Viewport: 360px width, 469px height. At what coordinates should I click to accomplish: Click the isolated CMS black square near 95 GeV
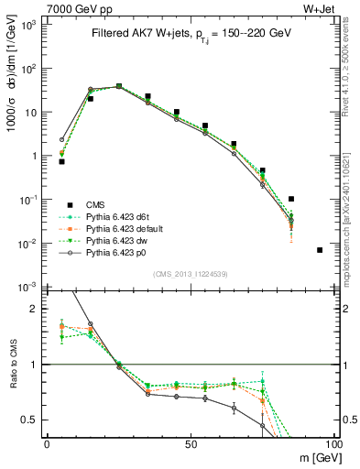pyautogui.click(x=320, y=250)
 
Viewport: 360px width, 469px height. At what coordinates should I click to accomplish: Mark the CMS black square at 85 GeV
pyautogui.click(x=290, y=199)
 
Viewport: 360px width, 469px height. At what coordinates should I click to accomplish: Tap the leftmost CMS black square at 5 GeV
pyautogui.click(x=61, y=161)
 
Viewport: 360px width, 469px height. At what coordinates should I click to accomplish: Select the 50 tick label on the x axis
pyautogui.click(x=190, y=443)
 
